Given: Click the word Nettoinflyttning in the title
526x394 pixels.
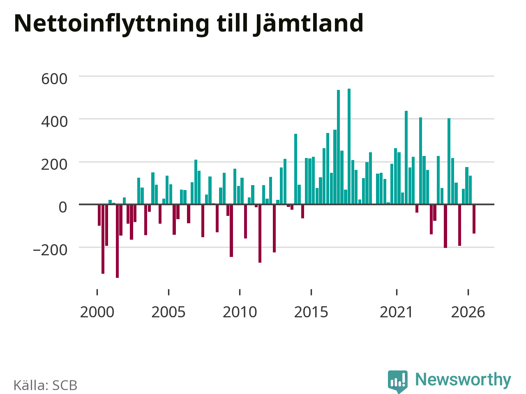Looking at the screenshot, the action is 112,24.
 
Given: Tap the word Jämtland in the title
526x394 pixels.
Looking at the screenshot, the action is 308,23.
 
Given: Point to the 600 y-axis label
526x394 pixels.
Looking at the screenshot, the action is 54,79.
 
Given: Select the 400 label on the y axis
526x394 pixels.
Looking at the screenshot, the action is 54,122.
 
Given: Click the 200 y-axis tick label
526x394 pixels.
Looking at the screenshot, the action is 54,165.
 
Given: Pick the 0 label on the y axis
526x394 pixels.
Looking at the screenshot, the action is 63,207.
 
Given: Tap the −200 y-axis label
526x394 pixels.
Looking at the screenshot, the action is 50,250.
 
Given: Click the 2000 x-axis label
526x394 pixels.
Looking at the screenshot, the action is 97,312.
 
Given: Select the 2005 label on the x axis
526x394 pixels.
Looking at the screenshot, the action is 168,312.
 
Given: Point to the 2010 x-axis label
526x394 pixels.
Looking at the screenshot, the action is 240,312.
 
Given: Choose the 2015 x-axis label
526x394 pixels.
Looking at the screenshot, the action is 311,312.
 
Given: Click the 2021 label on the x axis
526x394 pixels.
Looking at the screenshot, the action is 397,312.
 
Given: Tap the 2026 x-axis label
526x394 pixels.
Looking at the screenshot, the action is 468,312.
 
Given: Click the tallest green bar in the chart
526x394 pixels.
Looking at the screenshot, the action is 349,147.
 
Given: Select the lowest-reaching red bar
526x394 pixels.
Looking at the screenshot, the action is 118,241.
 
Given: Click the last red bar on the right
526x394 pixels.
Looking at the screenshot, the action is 474,219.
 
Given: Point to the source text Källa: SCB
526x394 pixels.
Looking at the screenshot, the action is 46,385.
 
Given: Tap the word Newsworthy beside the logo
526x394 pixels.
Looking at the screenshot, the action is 463,380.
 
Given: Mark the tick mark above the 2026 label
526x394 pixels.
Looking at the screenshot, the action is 468,292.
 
